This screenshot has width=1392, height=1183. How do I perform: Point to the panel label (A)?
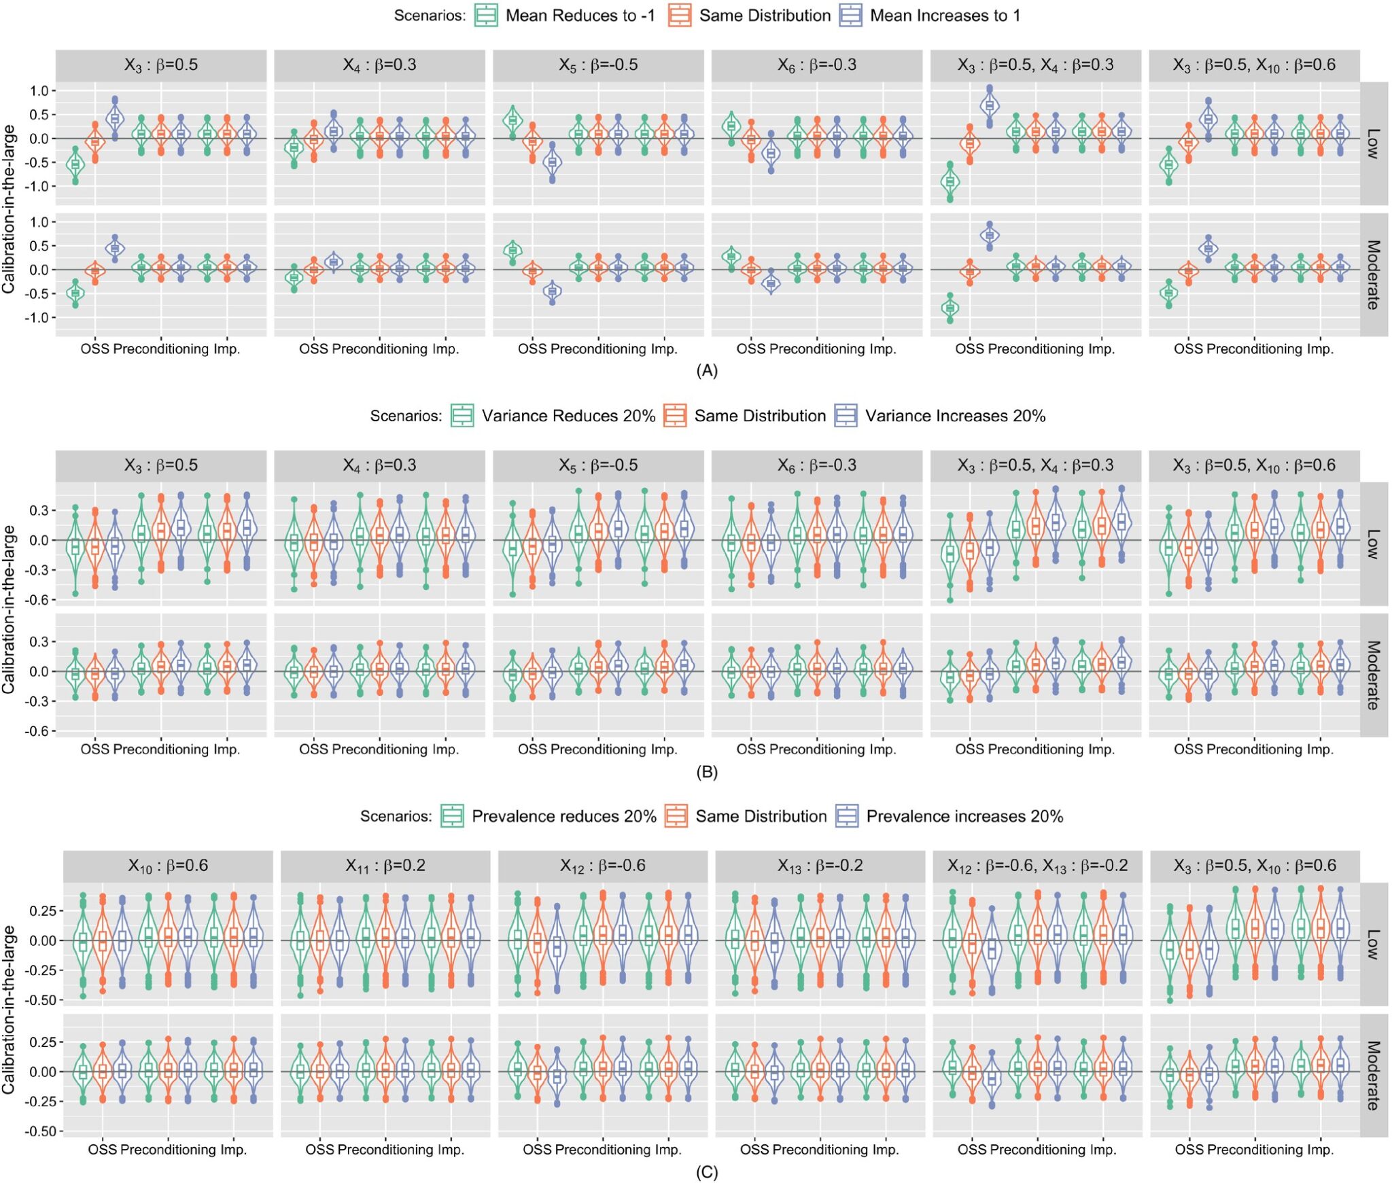coord(707,371)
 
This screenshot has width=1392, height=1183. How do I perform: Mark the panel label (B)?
coord(707,772)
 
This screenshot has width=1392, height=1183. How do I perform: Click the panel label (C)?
coord(707,1172)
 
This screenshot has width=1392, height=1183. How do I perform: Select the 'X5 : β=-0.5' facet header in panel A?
coord(598,65)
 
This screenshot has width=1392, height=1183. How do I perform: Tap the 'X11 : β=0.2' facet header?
coord(385,866)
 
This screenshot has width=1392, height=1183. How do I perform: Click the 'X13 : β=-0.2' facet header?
coord(820,866)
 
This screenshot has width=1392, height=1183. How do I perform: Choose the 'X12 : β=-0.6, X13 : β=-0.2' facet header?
coord(1037,866)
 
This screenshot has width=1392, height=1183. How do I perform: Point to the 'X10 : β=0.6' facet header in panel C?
coord(168,866)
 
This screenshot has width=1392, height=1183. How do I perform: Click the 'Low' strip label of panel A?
coord(1373,144)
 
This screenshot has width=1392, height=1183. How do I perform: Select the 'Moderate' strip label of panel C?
coord(1373,1076)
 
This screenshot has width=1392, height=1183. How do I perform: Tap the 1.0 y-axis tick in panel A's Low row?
coord(39,91)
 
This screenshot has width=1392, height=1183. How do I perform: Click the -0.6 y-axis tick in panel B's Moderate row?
coord(39,731)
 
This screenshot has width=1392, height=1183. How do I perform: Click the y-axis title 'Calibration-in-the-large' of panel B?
coord(9,609)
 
